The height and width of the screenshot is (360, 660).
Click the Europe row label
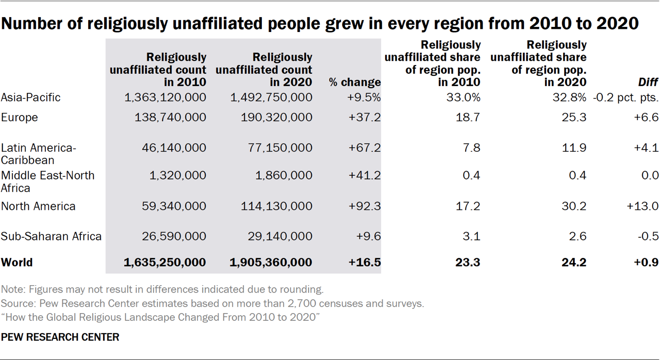(20, 118)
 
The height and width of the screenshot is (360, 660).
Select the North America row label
(38, 206)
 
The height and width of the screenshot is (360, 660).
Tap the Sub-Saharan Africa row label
(51, 237)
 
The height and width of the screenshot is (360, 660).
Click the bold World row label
(16, 262)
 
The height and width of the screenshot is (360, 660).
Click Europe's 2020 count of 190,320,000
(276, 118)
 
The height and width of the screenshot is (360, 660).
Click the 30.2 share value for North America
(575, 206)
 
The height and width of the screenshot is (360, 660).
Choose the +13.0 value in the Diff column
(642, 206)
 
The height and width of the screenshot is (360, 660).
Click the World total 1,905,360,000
(271, 262)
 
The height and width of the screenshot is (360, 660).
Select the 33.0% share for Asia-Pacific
(465, 97)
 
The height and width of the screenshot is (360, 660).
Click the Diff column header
(649, 82)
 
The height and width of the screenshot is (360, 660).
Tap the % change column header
(355, 82)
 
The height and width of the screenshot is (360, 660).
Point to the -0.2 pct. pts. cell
(626, 97)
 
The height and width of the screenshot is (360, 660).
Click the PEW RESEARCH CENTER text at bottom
(60, 337)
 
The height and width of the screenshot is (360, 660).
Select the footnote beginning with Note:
(162, 289)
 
